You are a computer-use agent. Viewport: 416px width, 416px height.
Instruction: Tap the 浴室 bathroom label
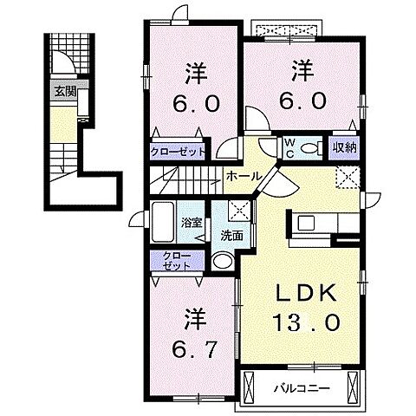point(191,222)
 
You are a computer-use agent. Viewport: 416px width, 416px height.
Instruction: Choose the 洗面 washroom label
point(230,234)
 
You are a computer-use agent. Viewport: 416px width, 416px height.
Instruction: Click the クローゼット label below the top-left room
point(179,151)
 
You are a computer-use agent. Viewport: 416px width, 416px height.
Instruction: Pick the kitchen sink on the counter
point(308,223)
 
